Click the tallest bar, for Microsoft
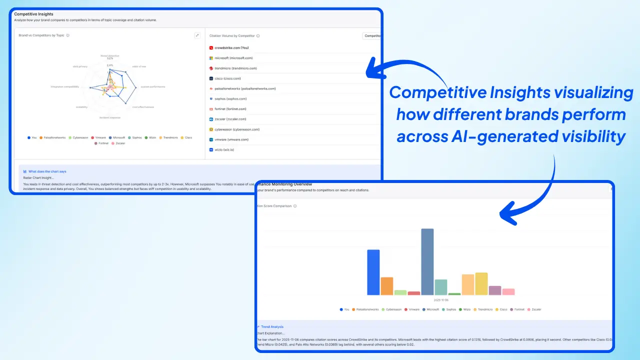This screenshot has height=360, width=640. click(x=427, y=261)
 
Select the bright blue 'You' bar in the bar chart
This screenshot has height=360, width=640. click(x=373, y=272)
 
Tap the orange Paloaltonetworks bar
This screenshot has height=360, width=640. click(x=386, y=285)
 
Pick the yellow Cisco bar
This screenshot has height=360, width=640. click(x=481, y=283)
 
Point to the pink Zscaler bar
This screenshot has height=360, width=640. click(x=508, y=291)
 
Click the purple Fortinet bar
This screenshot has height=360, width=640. click(x=494, y=290)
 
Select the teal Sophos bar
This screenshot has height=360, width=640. click(x=440, y=287)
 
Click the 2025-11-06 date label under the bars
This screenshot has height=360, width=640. click(x=440, y=300)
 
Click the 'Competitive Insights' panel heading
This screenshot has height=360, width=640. click(x=33, y=14)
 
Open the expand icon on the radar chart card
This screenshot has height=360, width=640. click(x=197, y=35)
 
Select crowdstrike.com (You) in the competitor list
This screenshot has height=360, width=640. click(x=231, y=48)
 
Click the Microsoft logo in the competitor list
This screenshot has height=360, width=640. click(x=211, y=58)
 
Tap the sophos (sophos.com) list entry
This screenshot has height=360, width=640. click(x=229, y=99)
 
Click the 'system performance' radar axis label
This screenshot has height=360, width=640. click(x=152, y=86)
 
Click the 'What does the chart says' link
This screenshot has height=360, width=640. click(x=47, y=171)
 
